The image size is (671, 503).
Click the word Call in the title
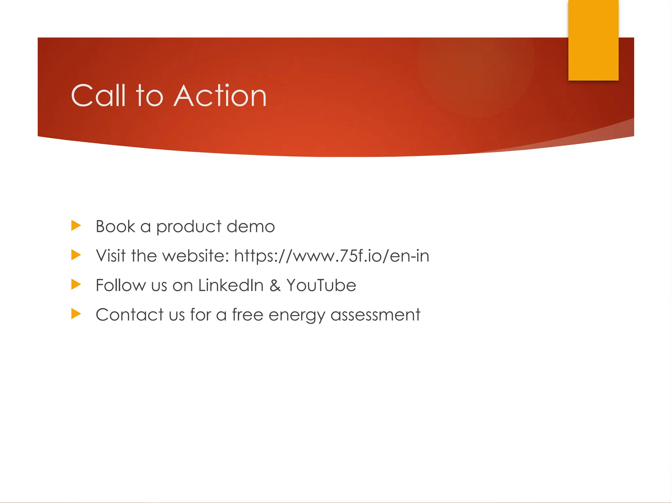click(x=98, y=96)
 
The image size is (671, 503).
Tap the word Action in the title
click(x=220, y=96)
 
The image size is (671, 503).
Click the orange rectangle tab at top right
click(x=593, y=40)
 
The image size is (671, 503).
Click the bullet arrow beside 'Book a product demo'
click(x=76, y=226)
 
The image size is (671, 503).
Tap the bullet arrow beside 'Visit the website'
click(x=76, y=255)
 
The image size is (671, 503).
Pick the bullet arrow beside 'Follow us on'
click(x=76, y=284)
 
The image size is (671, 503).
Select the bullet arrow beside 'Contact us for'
click(x=76, y=314)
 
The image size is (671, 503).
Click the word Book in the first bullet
click(x=115, y=227)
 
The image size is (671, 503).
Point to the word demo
click(x=251, y=227)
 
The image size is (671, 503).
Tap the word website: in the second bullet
click(x=196, y=256)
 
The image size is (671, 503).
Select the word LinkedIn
click(x=231, y=285)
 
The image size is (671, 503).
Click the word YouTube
click(x=321, y=285)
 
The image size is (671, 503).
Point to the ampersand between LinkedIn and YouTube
click(x=275, y=286)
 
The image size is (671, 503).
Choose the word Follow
click(x=121, y=285)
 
